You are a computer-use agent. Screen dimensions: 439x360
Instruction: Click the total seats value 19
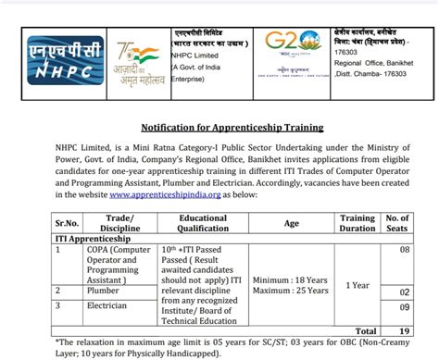click(x=401, y=330)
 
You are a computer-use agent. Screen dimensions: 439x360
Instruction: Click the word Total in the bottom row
click(x=366, y=330)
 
